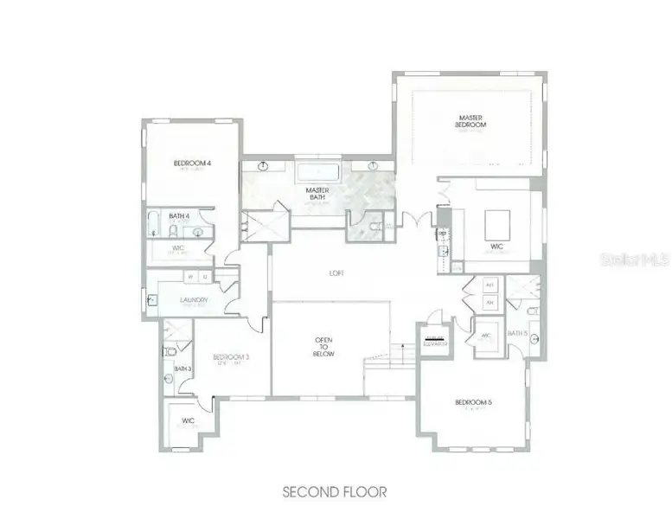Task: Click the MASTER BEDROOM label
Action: (x=470, y=121)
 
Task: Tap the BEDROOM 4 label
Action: (x=192, y=163)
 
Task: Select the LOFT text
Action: (x=337, y=273)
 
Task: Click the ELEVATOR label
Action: (x=434, y=341)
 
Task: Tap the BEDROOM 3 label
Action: (x=231, y=356)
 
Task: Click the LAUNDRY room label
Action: (x=194, y=300)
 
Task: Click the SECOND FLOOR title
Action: (x=334, y=491)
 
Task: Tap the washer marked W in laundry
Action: (x=190, y=277)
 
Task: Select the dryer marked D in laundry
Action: (x=204, y=277)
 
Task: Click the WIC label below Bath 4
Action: (x=179, y=248)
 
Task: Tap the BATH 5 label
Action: (x=517, y=333)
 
